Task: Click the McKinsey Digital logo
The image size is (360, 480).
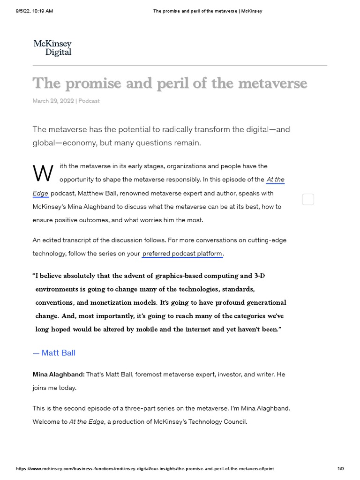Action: point(52,48)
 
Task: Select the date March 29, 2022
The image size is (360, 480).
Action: point(53,101)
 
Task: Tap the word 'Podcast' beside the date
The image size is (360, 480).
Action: point(89,101)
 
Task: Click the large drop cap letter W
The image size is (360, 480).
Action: point(43,173)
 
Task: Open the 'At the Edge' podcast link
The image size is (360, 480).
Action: point(275,180)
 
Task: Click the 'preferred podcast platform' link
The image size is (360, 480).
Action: point(182,254)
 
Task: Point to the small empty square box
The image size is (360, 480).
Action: point(308,200)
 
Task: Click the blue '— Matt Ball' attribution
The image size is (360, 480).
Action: point(54,353)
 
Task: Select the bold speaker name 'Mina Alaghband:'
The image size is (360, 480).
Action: point(58,375)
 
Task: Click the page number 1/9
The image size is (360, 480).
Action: point(341,469)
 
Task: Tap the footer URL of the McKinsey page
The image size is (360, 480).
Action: point(145,469)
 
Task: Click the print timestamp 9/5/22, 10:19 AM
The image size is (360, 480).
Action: point(34,11)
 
